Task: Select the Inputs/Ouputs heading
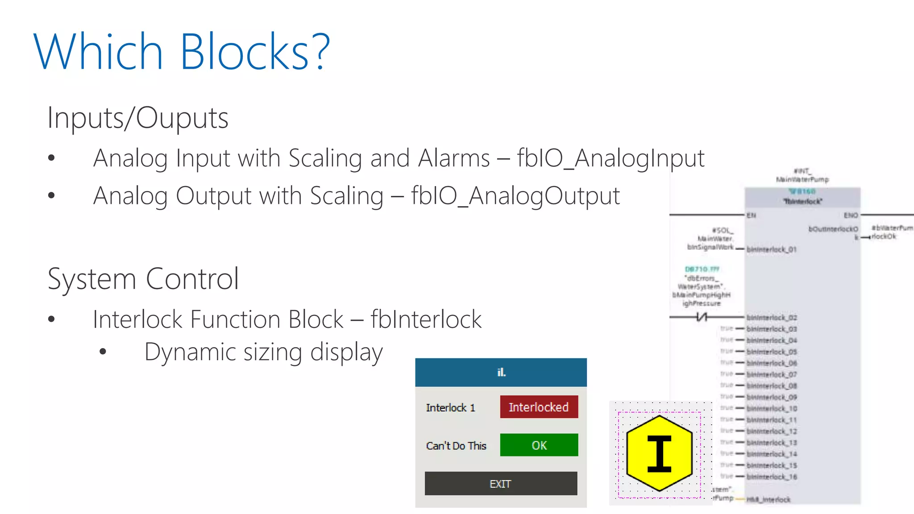tap(138, 118)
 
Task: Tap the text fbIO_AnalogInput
tap(611, 158)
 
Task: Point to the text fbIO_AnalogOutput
tap(515, 196)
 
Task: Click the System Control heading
tap(143, 279)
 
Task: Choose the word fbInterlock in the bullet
tap(426, 319)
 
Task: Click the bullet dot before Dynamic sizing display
tap(103, 352)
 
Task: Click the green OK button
tap(539, 445)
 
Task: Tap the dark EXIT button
tap(501, 484)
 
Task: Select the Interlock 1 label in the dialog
tap(450, 408)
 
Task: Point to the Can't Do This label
tap(456, 446)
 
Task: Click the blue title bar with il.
tap(501, 372)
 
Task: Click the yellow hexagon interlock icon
tap(659, 453)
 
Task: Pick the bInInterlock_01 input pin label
tap(771, 249)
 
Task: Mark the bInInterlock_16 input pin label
tap(772, 477)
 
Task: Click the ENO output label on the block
tap(851, 216)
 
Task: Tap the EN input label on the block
tap(752, 216)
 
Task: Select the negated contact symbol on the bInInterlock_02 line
tap(702, 317)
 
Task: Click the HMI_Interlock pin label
tap(768, 500)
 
